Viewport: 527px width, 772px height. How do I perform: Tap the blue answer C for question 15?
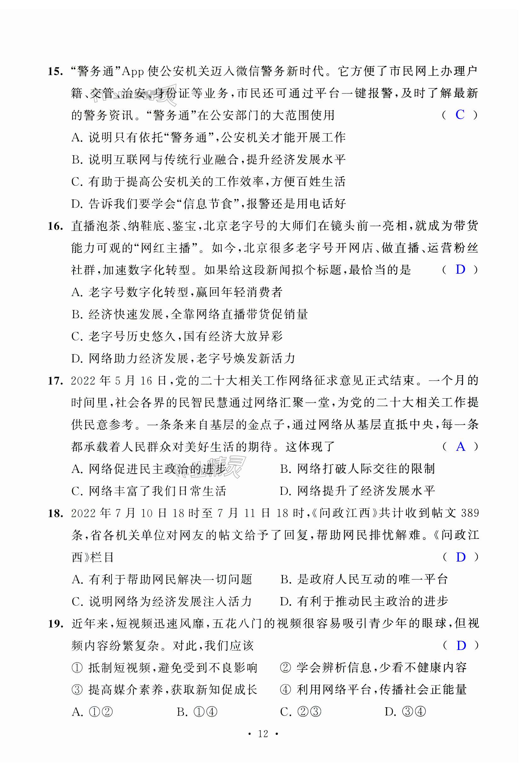tap(460, 115)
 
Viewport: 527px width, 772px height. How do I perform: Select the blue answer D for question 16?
tap(460, 270)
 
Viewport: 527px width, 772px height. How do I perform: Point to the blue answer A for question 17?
tap(461, 447)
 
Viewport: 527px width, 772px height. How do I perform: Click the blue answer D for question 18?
tap(461, 557)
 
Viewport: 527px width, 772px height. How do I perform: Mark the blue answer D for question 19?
tap(461, 646)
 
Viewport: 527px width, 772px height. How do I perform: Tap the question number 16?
tap(55, 227)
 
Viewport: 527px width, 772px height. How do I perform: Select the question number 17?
tap(55, 381)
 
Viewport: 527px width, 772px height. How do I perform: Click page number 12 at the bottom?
tap(263, 734)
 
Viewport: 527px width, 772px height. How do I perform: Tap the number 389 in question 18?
tap(469, 513)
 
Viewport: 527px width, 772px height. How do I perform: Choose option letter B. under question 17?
tap(286, 469)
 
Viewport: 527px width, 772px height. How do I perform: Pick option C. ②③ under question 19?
tap(301, 712)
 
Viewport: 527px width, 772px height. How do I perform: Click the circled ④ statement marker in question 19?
tap(285, 690)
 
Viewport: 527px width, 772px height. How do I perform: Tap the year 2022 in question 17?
tap(83, 381)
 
